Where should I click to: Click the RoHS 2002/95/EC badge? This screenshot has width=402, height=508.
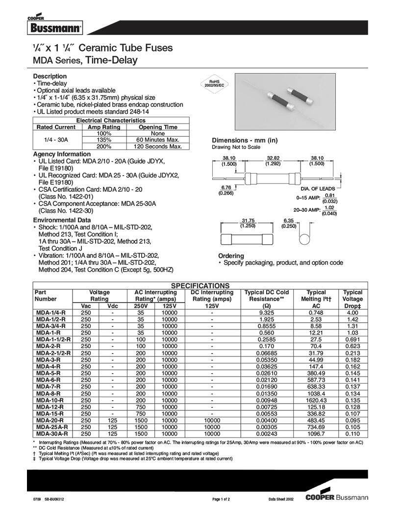coord(214,83)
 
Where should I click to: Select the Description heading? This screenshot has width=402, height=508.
coord(50,76)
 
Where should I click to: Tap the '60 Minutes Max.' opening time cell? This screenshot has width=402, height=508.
coord(157,140)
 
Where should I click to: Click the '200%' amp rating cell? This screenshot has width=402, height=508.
coord(104,146)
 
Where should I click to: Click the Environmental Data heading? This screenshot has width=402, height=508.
coord(61,220)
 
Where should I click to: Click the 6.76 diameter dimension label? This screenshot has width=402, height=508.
coord(226,188)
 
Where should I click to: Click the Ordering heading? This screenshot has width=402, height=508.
coord(231,256)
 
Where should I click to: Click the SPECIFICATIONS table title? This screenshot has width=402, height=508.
coord(200,285)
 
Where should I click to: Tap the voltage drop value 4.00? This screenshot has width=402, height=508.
coord(352,312)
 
